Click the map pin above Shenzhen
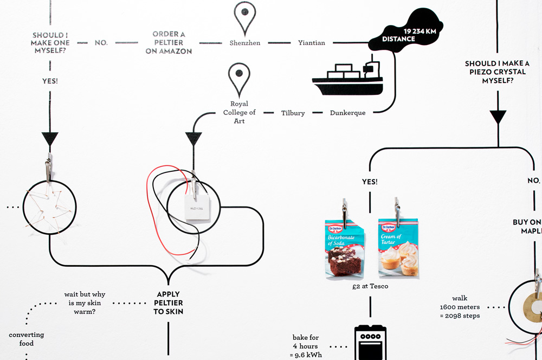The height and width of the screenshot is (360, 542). coord(244,17)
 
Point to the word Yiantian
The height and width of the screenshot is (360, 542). coord(312,43)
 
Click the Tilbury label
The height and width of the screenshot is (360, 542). coord(293,113)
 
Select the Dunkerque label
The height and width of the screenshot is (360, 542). coord(347,113)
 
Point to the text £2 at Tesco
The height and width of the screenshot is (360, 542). coord(370,286)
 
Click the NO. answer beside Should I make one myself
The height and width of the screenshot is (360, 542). coord(101,43)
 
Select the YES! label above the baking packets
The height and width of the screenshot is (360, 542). coord(370,182)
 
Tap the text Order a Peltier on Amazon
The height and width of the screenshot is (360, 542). coord(169,43)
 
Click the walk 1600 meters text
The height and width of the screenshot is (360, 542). coord(460,307)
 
